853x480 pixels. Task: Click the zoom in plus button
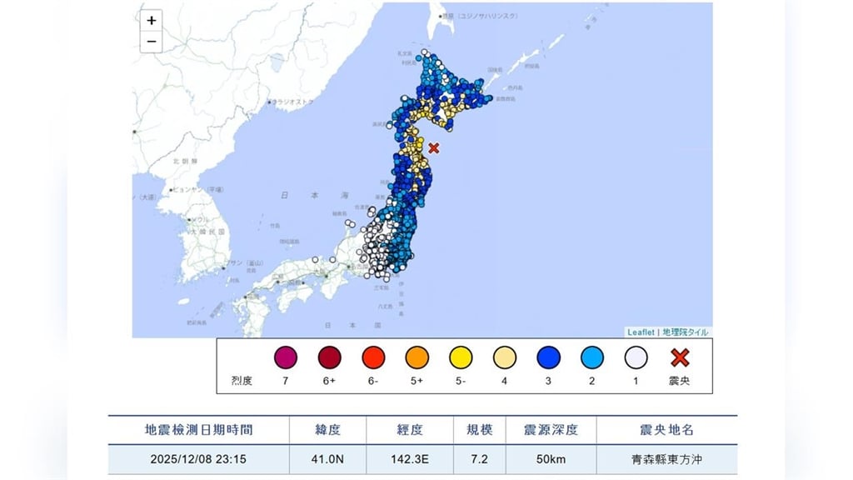(151, 21)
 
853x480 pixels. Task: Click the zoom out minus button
(151, 42)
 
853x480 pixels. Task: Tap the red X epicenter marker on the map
(434, 148)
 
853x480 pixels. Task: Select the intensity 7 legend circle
(286, 358)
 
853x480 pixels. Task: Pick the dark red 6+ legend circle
(330, 358)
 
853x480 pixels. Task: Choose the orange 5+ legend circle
(417, 358)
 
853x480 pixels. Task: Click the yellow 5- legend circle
(461, 358)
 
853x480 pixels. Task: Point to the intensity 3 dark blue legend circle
(549, 358)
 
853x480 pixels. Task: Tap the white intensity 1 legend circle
(636, 358)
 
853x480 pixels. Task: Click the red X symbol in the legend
(680, 358)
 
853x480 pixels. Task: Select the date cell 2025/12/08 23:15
(199, 459)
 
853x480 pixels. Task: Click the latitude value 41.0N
(327, 459)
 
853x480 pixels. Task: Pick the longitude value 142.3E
(409, 459)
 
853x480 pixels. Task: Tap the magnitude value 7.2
(478, 459)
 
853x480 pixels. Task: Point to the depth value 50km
(551, 459)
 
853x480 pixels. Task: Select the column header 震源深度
(551, 430)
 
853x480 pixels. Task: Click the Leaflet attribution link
(641, 332)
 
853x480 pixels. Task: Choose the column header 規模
(478, 430)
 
